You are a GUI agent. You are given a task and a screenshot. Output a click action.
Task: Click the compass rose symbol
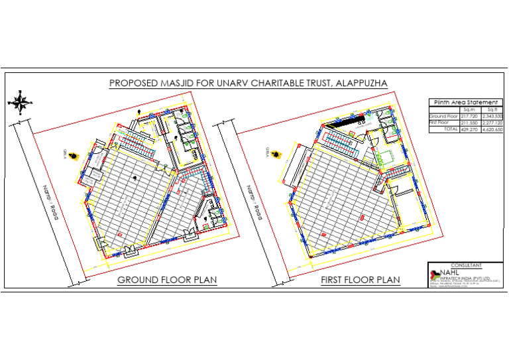pos(20,102)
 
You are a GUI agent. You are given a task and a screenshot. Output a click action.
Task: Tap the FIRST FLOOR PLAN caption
pos(361,280)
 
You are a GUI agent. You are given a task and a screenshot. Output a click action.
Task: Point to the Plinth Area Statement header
pos(464,102)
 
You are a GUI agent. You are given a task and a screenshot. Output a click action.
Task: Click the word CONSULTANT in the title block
pos(464,265)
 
